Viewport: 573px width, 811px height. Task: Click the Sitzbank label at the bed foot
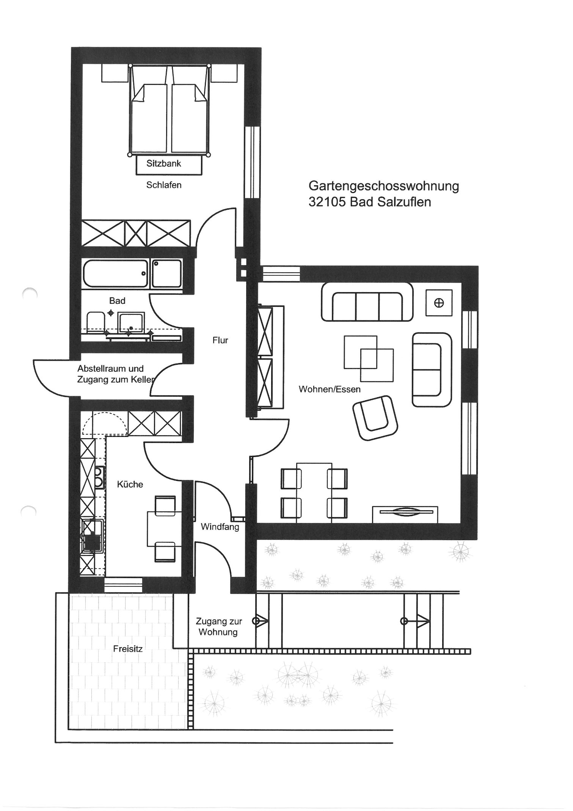(x=164, y=163)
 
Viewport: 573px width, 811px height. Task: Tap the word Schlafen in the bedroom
(x=164, y=185)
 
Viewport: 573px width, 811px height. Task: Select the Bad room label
(x=117, y=301)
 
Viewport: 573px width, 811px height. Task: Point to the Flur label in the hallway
(x=220, y=340)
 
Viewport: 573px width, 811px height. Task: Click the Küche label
(x=130, y=484)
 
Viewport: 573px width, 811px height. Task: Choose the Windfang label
(x=220, y=527)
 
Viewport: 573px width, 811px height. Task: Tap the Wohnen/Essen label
(x=330, y=389)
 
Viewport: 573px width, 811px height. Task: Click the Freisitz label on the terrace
(x=128, y=649)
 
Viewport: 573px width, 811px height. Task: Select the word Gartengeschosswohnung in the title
(x=384, y=186)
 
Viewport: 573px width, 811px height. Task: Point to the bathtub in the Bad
(x=116, y=273)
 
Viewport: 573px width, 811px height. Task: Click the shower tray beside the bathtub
(x=166, y=273)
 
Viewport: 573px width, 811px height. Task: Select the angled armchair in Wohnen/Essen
(x=375, y=418)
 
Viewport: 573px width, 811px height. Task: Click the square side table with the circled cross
(x=439, y=303)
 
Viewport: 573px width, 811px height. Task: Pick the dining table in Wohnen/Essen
(x=314, y=492)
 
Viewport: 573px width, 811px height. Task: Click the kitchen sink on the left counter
(x=92, y=535)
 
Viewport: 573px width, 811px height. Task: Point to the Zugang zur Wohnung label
(x=218, y=627)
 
